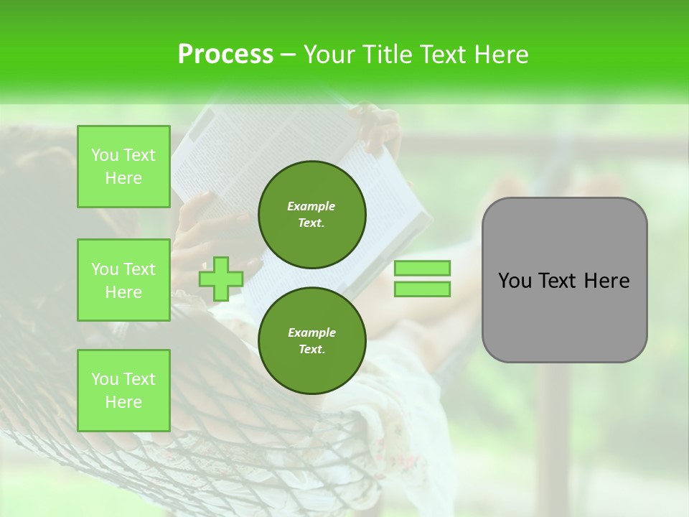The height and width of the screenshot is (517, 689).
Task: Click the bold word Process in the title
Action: point(225,55)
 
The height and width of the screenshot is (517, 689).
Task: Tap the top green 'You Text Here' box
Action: point(123,167)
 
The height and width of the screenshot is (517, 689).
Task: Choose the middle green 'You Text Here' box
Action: point(123,280)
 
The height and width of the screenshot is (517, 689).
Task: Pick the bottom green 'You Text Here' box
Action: point(123,390)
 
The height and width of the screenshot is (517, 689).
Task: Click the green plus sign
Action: point(220,279)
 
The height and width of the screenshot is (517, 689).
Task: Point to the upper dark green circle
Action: point(311,214)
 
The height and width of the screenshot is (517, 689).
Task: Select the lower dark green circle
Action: point(311,340)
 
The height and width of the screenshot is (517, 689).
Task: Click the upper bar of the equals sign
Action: point(422,268)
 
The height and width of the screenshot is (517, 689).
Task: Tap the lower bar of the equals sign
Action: point(422,289)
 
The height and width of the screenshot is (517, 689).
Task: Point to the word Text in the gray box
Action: point(558,281)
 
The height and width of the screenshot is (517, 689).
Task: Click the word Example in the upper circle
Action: point(311,206)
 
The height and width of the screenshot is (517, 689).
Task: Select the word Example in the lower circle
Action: point(311,332)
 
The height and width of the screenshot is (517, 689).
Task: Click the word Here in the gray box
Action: point(608,281)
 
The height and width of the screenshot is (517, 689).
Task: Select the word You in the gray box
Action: point(514,281)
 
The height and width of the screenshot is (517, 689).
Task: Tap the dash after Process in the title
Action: point(288,55)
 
